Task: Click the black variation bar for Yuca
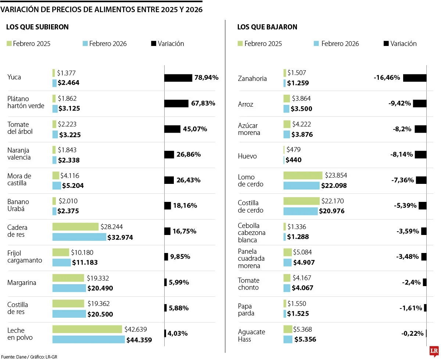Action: pos(178,78)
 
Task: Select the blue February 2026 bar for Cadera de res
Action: pos(79,237)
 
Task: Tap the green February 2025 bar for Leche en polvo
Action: pos(87,329)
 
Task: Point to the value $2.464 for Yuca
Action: pos(69,83)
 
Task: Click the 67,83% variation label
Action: pos(203,103)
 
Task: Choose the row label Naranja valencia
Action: pos(18,154)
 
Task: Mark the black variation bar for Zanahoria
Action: pos(415,78)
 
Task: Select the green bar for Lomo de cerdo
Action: pos(303,175)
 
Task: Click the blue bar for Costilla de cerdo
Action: pos(300,211)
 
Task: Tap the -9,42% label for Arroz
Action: pos(399,103)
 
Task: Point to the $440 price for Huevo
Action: pos(294,160)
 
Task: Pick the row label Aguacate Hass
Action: pos(251,335)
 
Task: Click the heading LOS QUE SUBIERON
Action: pos(37,27)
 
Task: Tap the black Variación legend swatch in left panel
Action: pos(154,44)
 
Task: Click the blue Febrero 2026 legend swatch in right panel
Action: pos(316,44)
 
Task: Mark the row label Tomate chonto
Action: pos(248,284)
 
